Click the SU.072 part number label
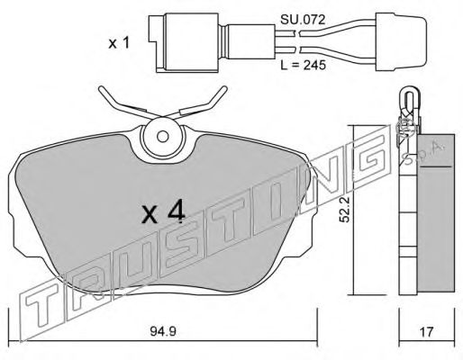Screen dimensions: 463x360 (x=303, y=20)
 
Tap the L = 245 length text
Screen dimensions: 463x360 (x=303, y=65)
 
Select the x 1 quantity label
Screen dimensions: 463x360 (x=119, y=43)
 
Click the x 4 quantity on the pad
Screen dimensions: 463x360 (x=163, y=212)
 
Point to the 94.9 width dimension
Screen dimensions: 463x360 (x=163, y=331)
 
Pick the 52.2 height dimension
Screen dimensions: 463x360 (x=345, y=210)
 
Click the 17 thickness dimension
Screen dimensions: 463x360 (x=426, y=331)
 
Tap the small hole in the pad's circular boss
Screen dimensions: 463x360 (x=163, y=137)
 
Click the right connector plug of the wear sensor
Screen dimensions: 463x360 (x=401, y=41)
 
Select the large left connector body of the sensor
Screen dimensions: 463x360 (x=183, y=42)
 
